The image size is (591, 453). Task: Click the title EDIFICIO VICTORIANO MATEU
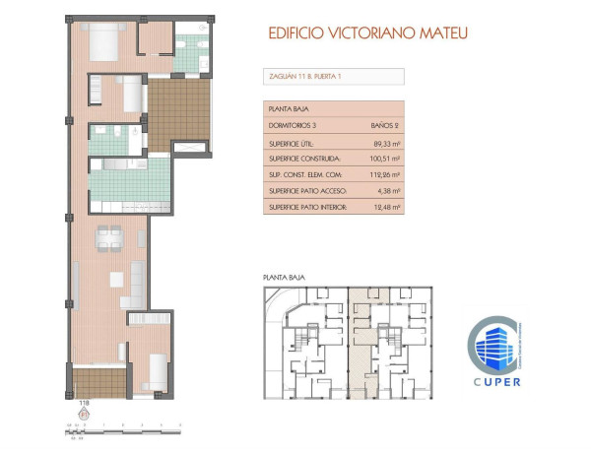[x=367, y=32]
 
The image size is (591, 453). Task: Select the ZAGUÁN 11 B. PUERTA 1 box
[x=334, y=76]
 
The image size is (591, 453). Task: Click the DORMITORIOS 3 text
[x=295, y=126]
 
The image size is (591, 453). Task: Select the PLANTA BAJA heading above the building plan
[x=283, y=279]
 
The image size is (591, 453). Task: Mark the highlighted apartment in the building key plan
[x=363, y=340]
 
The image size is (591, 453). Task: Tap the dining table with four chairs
[x=106, y=235]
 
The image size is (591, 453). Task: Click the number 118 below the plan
[x=83, y=403]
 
